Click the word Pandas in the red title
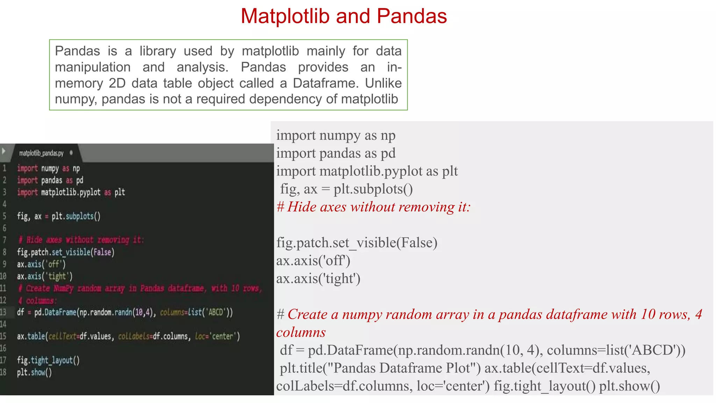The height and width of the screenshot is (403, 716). tap(411, 16)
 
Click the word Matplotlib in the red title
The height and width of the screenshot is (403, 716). tap(285, 16)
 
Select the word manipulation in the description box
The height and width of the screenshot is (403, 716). tap(93, 67)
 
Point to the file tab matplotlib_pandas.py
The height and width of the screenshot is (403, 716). tap(41, 153)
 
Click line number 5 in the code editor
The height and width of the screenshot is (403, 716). tap(5, 216)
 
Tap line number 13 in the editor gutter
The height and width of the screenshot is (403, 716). tap(3, 312)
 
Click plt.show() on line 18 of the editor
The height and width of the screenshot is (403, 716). tap(34, 373)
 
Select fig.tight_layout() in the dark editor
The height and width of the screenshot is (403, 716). tap(48, 360)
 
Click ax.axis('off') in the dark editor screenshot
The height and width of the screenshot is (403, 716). tap(41, 264)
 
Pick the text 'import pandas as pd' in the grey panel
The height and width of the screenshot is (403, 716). tap(336, 153)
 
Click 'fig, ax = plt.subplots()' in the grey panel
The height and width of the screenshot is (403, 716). tap(346, 189)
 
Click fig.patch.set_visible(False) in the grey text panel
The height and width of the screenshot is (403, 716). tap(357, 243)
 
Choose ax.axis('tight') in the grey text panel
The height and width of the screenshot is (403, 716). tap(318, 279)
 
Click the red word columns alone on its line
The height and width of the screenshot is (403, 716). tap(301, 332)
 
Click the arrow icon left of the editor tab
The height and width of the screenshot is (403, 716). tap(4, 151)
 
